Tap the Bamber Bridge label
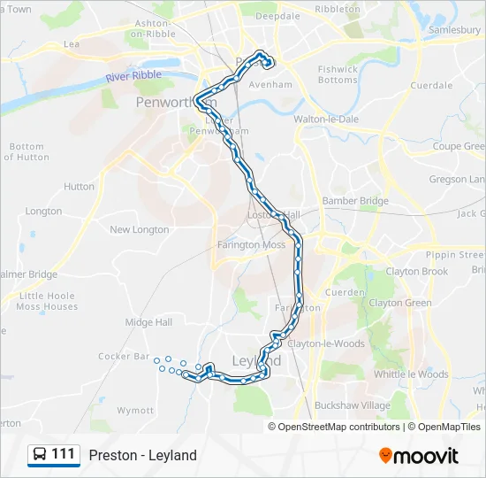point(355,201)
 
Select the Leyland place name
point(256,361)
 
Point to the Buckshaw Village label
point(353,405)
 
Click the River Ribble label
point(133,76)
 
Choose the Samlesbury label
point(453,29)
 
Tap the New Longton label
point(139,229)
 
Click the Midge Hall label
point(148,322)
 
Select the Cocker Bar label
point(124,356)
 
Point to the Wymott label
point(135,411)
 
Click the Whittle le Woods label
point(411,374)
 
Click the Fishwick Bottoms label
point(338,74)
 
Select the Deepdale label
point(279,16)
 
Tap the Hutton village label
point(79,187)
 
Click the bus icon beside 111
point(40,455)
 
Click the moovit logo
point(419,456)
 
